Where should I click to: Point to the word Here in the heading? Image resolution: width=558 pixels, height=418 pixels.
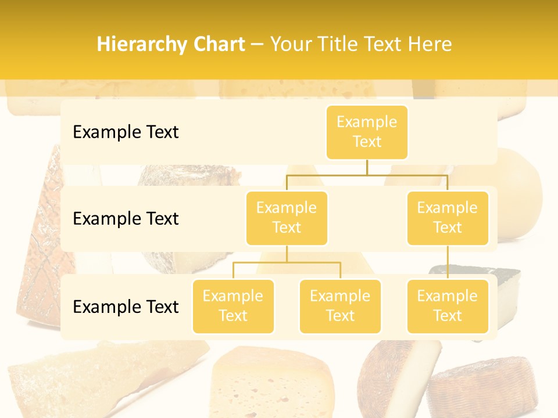(x=430, y=45)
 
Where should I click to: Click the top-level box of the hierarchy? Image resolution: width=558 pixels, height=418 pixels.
(x=367, y=132)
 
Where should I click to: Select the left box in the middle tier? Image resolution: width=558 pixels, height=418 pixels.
(x=287, y=218)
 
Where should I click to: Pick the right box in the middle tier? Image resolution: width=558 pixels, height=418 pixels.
(x=448, y=218)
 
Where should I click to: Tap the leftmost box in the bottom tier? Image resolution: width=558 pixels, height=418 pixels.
(x=233, y=306)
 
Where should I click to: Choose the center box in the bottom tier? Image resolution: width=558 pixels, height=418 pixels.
(x=340, y=306)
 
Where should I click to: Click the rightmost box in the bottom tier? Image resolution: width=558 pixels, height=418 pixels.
(x=448, y=306)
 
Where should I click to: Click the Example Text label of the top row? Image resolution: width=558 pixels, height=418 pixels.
(x=126, y=132)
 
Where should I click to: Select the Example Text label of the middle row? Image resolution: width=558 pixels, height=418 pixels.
(x=126, y=219)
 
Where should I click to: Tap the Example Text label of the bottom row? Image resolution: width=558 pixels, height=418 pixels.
(x=126, y=307)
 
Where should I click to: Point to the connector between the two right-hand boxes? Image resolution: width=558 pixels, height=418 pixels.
(x=448, y=262)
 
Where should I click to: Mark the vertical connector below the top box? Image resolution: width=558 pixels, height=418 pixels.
(x=367, y=167)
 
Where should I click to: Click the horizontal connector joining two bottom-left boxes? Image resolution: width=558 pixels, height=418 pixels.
(x=287, y=262)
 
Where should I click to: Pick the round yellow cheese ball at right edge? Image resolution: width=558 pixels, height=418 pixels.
(x=517, y=186)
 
